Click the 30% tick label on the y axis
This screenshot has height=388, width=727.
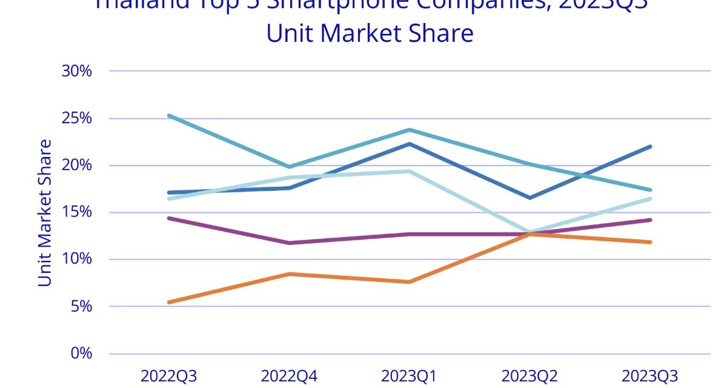[x=76, y=71]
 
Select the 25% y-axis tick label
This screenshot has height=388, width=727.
[x=76, y=118]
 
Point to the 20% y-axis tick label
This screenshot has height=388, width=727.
[x=76, y=165]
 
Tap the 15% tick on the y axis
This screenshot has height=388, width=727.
[x=76, y=212]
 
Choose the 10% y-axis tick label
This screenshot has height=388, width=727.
[x=76, y=259]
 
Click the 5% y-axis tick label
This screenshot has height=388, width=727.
[x=81, y=306]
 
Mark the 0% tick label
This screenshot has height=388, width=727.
[x=81, y=353]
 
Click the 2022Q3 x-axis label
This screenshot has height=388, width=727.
[x=169, y=375]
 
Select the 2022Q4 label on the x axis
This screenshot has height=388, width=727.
[x=289, y=375]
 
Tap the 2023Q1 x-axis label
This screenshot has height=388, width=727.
[x=410, y=375]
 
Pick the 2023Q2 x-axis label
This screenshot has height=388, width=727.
[x=529, y=375]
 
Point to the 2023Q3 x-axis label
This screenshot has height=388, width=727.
[x=650, y=375]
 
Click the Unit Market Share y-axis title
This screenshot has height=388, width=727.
[x=45, y=213]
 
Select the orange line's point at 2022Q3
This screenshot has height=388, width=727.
[x=169, y=302]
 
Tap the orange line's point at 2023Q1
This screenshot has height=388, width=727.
[x=410, y=282]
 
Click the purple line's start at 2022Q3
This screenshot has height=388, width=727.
[x=169, y=218]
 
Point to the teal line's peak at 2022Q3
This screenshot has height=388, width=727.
[x=169, y=115]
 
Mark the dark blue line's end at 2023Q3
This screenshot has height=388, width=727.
[x=650, y=146]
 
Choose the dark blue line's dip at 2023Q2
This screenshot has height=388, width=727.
[x=529, y=198]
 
